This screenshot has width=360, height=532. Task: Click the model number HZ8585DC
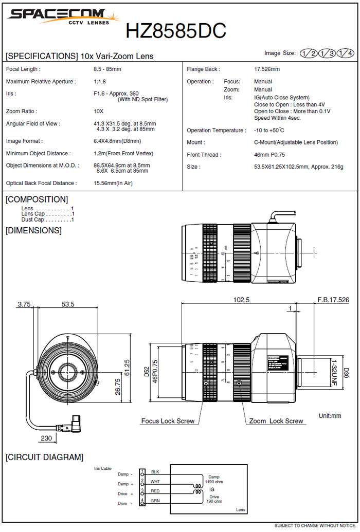click(176, 31)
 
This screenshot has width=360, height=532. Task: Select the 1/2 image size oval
click(309, 53)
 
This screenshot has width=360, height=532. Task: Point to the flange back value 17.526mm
click(267, 69)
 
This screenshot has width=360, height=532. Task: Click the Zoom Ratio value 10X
click(98, 111)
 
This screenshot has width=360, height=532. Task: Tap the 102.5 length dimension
click(241, 300)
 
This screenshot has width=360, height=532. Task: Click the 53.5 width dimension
click(68, 304)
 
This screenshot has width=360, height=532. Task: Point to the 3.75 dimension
click(24, 304)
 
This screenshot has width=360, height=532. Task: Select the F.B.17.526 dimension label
click(333, 300)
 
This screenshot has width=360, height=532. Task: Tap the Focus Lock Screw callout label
click(168, 421)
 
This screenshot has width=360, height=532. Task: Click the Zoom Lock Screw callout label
click(276, 421)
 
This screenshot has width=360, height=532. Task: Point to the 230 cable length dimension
click(47, 438)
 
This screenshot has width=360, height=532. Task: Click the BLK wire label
click(155, 472)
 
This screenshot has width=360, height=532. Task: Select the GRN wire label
click(155, 500)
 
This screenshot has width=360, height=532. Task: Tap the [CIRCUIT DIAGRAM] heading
click(44, 457)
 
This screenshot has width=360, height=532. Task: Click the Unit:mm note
click(330, 415)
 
